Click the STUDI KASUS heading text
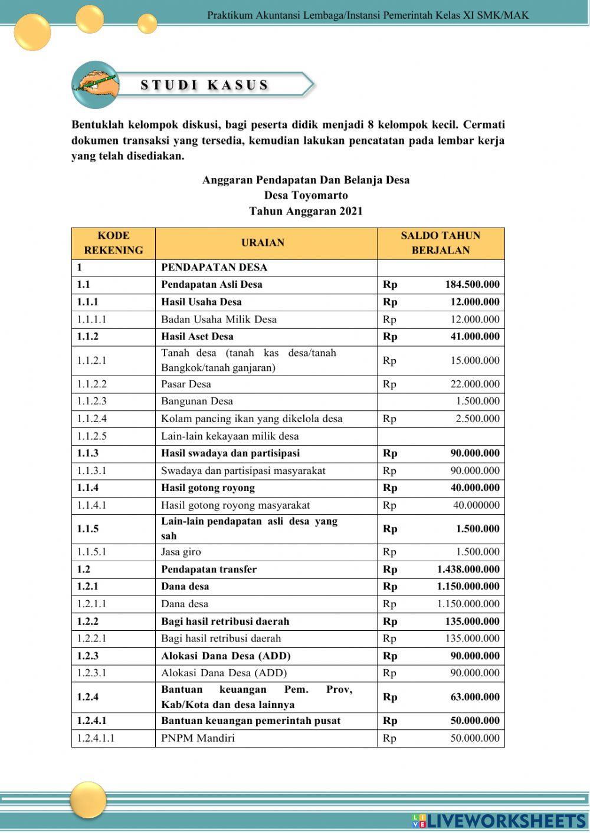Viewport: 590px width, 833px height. click(x=205, y=85)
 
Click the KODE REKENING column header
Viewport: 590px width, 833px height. click(x=113, y=243)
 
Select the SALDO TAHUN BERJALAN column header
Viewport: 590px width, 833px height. click(x=440, y=243)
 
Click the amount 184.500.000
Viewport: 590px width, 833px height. click(x=472, y=284)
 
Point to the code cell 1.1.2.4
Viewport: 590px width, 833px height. click(x=91, y=419)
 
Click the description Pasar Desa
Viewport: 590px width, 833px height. click(x=186, y=384)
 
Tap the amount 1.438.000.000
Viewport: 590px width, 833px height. click(x=468, y=569)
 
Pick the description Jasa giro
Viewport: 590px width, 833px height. click(x=181, y=552)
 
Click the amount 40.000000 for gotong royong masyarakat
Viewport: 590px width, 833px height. click(x=476, y=505)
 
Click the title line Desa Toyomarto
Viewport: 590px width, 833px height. click(x=306, y=195)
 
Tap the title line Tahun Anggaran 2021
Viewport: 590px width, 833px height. click(x=306, y=211)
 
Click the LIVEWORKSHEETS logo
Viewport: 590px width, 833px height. click(x=499, y=821)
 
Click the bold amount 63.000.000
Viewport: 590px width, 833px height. click(x=474, y=697)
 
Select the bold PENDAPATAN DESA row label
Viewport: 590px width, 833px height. click(x=214, y=267)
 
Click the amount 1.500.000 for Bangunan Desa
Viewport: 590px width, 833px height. click(x=477, y=401)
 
